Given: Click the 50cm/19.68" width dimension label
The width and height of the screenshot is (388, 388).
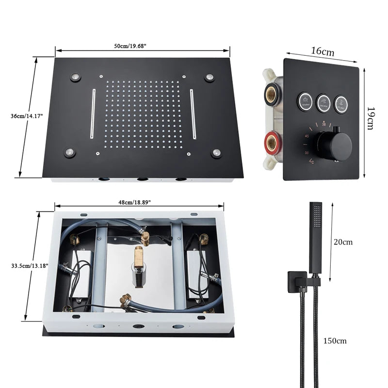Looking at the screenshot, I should (x=130, y=46).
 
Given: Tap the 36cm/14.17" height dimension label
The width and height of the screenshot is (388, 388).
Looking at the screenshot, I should (x=27, y=116).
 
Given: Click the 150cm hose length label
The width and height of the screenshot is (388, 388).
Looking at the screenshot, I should (x=335, y=341).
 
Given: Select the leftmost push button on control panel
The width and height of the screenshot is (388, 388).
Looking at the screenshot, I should (x=305, y=102).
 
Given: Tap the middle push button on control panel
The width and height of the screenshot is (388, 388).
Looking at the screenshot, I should (x=323, y=102).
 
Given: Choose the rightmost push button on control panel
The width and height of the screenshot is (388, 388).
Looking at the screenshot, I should (x=341, y=102).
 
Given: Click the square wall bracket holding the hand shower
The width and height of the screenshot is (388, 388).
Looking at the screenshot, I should (x=295, y=279).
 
